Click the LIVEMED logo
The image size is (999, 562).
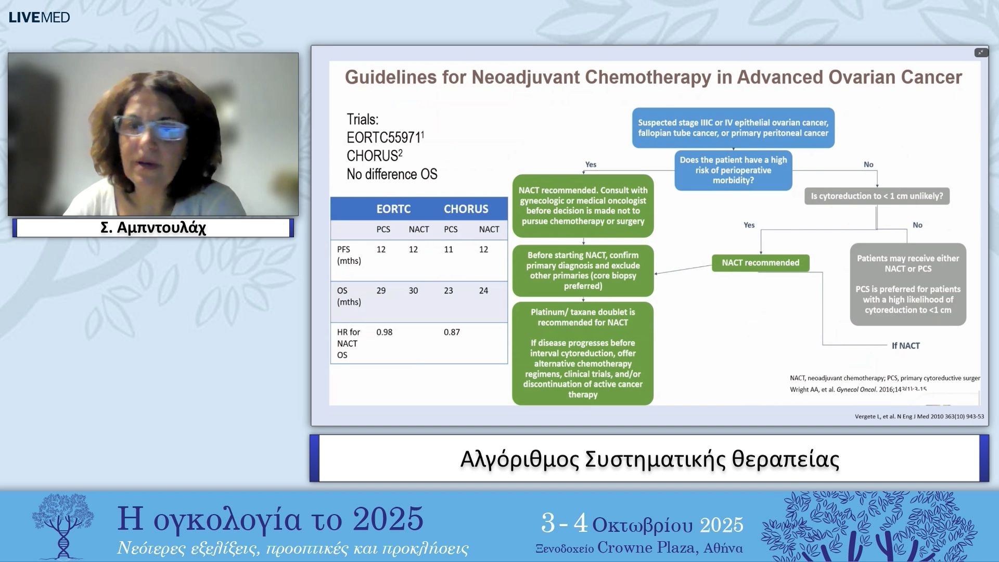pyautogui.click(x=39, y=17)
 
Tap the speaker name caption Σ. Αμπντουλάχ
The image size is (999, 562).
pyautogui.click(x=153, y=227)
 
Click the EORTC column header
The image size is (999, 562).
pyautogui.click(x=393, y=209)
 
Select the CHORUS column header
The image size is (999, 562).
pyautogui.click(x=466, y=209)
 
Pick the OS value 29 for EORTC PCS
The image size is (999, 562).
pyautogui.click(x=381, y=290)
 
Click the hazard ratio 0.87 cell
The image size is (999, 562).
pyautogui.click(x=452, y=332)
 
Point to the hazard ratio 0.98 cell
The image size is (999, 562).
pyautogui.click(x=384, y=332)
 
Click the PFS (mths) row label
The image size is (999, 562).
pyautogui.click(x=349, y=255)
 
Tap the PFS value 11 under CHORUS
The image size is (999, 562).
pyautogui.click(x=448, y=249)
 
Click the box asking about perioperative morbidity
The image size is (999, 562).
pyautogui.click(x=733, y=170)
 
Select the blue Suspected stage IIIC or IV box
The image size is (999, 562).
pyautogui.click(x=733, y=128)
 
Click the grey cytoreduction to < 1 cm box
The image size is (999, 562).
pyautogui.click(x=877, y=196)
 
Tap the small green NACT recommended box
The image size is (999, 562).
pyautogui.click(x=760, y=263)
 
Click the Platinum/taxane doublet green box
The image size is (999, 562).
pyautogui.click(x=583, y=353)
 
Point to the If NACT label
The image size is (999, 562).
pyautogui.click(x=905, y=346)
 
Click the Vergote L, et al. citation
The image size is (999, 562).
pyautogui.click(x=919, y=416)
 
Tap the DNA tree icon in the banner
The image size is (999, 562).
pyautogui.click(x=63, y=526)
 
